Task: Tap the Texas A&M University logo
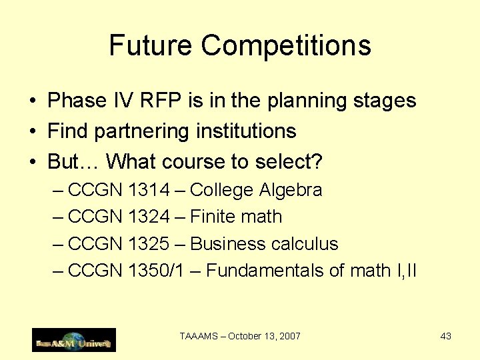tap(74, 340)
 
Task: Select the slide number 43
tap(446, 336)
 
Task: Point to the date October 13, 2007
tap(264, 336)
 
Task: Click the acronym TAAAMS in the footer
tap(198, 336)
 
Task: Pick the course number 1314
tap(149, 190)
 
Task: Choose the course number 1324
tap(149, 217)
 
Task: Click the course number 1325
tap(149, 243)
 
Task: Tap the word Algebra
tap(291, 191)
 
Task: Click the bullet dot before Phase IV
tap(33, 101)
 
